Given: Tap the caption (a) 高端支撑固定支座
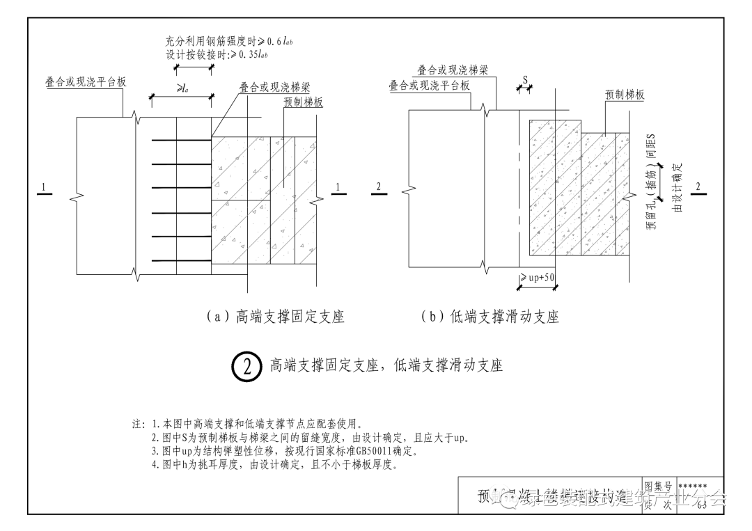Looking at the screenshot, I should coord(276,317).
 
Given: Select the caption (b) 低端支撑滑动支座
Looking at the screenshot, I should coord(490,317).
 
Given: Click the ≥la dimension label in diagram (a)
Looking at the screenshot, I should coord(180,90).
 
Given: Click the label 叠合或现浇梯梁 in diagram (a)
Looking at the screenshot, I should coord(274,87).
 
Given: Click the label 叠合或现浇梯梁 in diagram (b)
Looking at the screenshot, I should coord(453,70).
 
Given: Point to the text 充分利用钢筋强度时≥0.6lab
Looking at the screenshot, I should coord(219,42).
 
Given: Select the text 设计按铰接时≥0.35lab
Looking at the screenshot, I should coord(217,55).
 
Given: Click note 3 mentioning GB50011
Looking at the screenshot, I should coord(284,452).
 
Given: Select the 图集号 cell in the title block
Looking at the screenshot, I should coord(657,485).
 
